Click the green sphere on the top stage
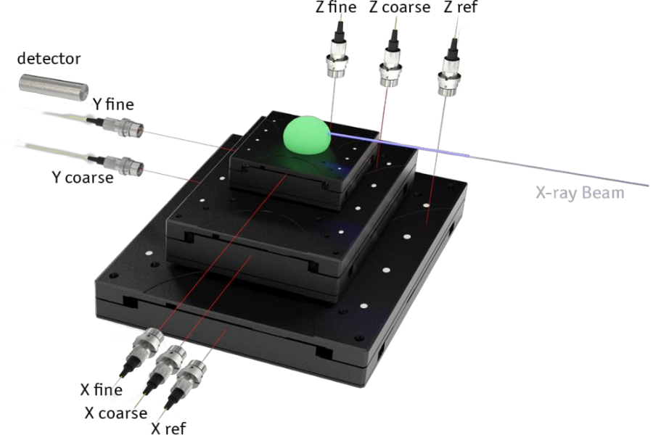[308, 135]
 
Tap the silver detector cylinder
[53, 88]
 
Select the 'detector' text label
[49, 59]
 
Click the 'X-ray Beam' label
[580, 193]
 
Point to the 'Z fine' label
[336, 7]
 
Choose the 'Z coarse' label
[399, 7]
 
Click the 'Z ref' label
[460, 7]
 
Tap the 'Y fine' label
[113, 104]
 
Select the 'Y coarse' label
[83, 178]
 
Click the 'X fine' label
[101, 390]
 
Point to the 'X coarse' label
[116, 413]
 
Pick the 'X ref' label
[168, 428]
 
